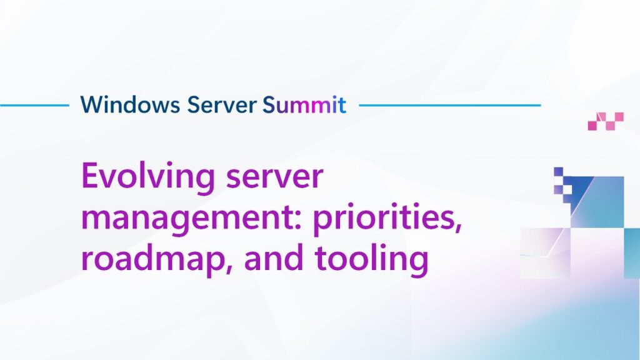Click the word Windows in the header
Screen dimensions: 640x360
tap(130, 104)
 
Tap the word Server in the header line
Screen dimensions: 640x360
tap(222, 104)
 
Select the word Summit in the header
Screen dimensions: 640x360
tap(304, 104)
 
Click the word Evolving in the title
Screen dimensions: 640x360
tap(148, 177)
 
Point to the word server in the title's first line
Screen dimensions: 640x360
tap(275, 177)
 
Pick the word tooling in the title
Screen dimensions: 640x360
tap(371, 258)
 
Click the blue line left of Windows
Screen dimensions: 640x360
tap(35, 105)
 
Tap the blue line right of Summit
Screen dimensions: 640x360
tap(450, 105)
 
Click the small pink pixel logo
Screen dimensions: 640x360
tap(606, 121)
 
